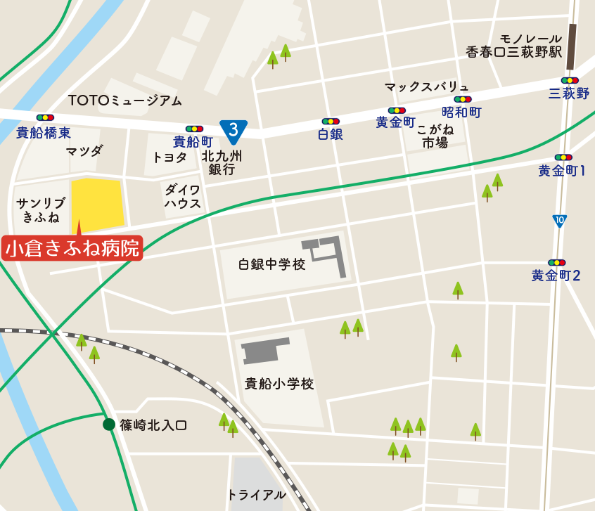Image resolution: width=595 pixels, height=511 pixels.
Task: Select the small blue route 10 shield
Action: (x=559, y=221)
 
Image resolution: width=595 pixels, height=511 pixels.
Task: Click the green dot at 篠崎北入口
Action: (x=109, y=424)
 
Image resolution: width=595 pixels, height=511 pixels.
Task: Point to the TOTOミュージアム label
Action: (x=124, y=101)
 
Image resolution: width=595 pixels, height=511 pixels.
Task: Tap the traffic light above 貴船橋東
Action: (x=45, y=117)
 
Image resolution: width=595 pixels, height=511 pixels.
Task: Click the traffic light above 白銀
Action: (x=331, y=121)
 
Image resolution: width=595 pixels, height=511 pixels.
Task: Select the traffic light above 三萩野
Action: (x=569, y=80)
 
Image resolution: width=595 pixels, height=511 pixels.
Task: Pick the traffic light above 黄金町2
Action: (x=556, y=262)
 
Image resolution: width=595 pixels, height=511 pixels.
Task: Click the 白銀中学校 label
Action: (x=271, y=264)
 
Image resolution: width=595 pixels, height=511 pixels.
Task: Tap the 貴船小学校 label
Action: (x=279, y=384)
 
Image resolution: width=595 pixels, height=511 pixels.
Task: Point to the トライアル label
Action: (x=256, y=494)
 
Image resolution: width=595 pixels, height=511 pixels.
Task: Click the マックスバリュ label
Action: (x=426, y=86)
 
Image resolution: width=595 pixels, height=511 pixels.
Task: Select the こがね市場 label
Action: (x=435, y=136)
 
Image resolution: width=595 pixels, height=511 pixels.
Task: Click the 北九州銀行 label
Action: (x=222, y=163)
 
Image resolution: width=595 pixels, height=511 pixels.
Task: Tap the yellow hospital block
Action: (x=97, y=205)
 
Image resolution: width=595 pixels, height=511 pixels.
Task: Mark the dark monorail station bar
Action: (x=572, y=47)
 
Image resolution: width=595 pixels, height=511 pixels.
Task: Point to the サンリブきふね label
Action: (x=41, y=210)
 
